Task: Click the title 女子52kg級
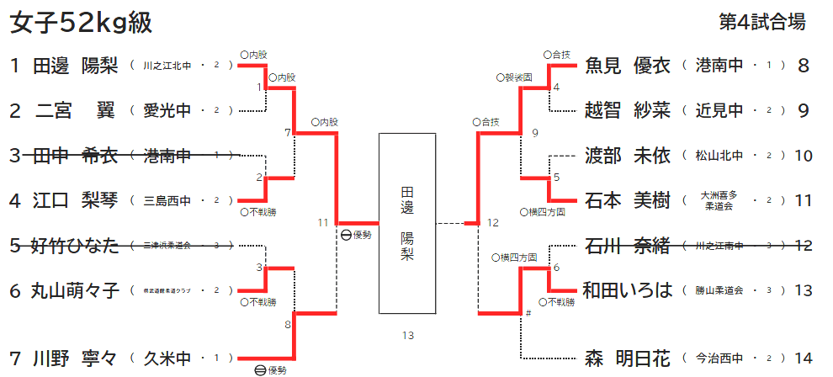click(81, 23)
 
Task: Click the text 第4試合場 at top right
click(762, 23)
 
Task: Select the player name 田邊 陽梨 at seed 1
click(76, 65)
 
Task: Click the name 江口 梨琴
click(76, 200)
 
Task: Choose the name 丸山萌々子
click(76, 290)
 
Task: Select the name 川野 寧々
click(76, 358)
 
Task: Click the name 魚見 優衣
click(628, 65)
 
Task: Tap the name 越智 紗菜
click(628, 110)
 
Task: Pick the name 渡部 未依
click(628, 155)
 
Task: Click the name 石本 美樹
click(628, 200)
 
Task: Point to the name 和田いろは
click(629, 290)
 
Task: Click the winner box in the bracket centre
click(407, 223)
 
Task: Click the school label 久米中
click(167, 358)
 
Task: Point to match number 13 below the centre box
click(408, 337)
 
